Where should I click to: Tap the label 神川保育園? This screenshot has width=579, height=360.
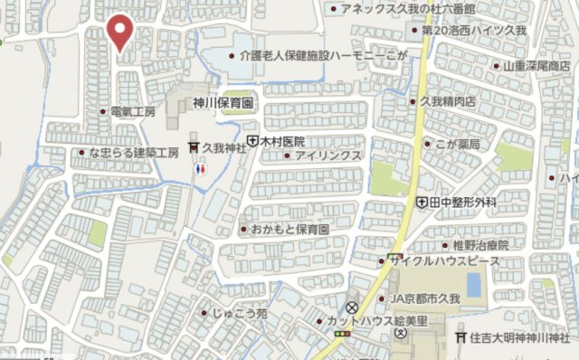[x=223, y=104]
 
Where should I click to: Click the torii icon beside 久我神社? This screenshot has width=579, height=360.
[x=193, y=147]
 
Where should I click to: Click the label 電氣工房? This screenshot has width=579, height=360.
[x=133, y=112]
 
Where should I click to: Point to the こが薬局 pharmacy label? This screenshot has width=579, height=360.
[x=457, y=145]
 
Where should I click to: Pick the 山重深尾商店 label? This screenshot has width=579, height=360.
[x=537, y=66]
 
